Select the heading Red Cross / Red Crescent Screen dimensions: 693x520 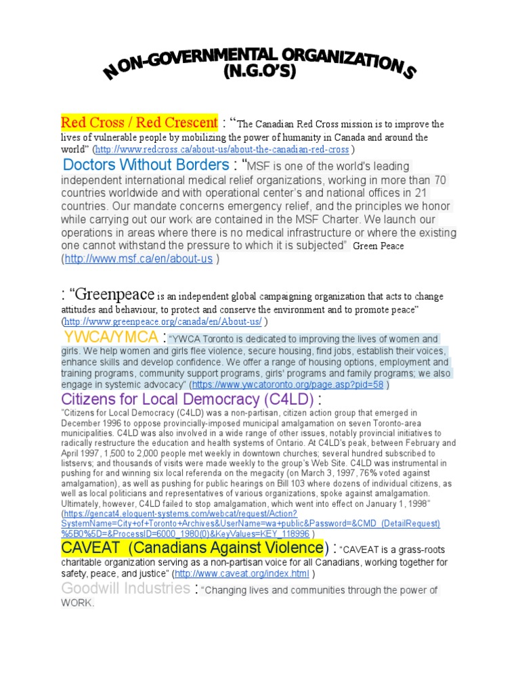click(x=139, y=122)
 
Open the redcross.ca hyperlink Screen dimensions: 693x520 click(x=223, y=150)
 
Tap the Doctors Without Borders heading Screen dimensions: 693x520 click(x=146, y=164)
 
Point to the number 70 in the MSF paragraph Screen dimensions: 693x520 click(x=440, y=180)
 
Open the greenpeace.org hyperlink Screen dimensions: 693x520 click(x=162, y=321)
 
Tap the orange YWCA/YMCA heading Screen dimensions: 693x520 click(x=112, y=337)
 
